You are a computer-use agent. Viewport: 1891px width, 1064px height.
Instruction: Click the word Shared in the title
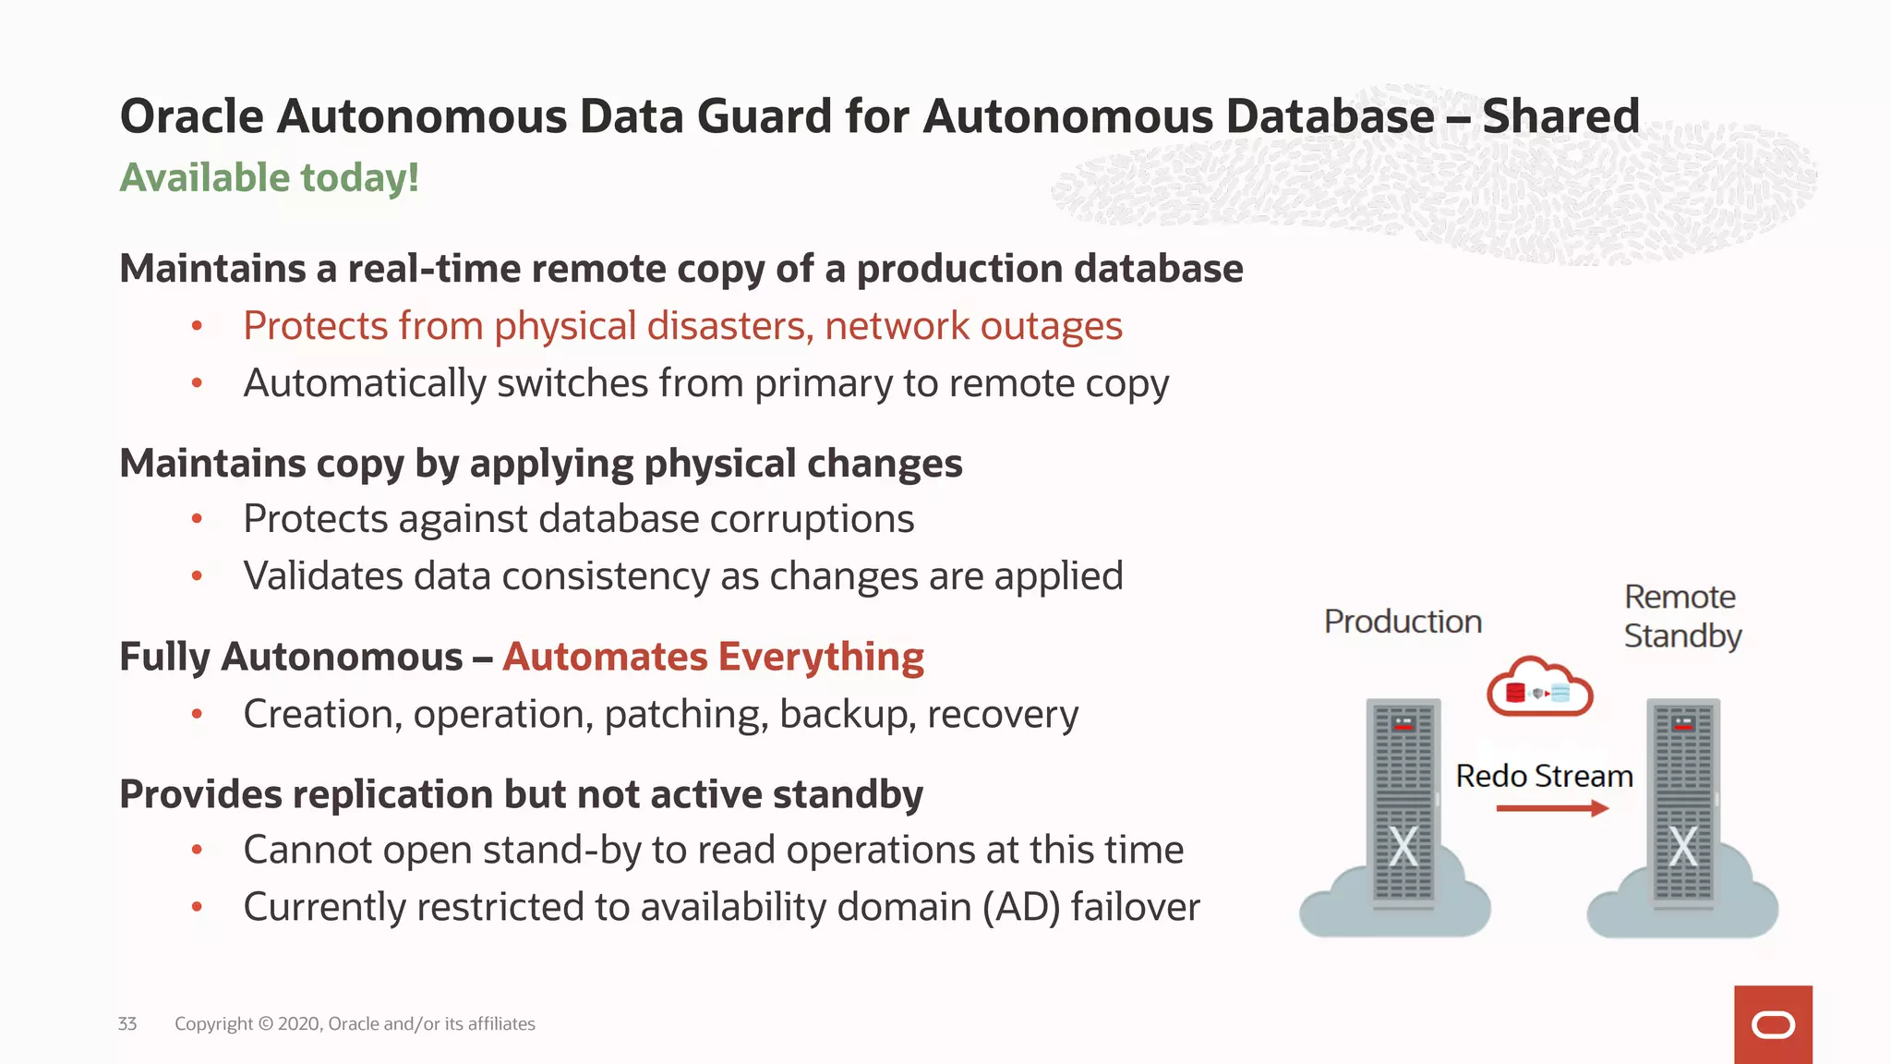pyautogui.click(x=1560, y=117)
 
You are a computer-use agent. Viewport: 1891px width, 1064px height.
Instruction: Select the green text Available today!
pyautogui.click(x=270, y=177)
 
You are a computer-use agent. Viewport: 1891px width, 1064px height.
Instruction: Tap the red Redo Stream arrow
pyautogui.click(x=1552, y=808)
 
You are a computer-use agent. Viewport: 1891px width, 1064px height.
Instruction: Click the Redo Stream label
pyautogui.click(x=1544, y=776)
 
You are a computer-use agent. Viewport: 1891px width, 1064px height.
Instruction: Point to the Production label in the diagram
pyautogui.click(x=1403, y=622)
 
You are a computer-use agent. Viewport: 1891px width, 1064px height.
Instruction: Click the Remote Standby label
pyautogui.click(x=1681, y=616)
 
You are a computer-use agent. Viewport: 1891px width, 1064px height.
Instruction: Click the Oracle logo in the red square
pyautogui.click(x=1773, y=1025)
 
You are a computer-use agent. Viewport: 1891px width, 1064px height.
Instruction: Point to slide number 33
pyautogui.click(x=127, y=1023)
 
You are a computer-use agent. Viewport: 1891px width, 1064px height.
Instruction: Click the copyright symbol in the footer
pyautogui.click(x=266, y=1023)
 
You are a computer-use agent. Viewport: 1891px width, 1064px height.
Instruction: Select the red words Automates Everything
pyautogui.click(x=713, y=657)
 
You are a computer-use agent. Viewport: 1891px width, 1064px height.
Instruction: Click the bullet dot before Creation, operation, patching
pyautogui.click(x=197, y=714)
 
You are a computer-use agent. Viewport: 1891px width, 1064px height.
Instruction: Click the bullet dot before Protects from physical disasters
pyautogui.click(x=197, y=326)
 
